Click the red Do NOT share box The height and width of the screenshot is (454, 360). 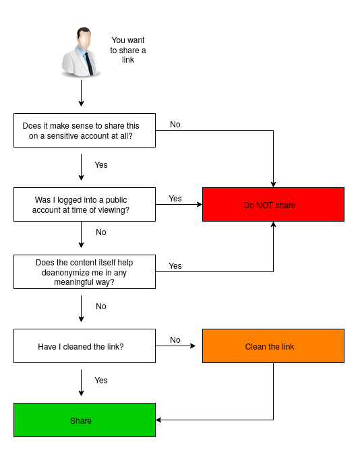pyautogui.click(x=273, y=204)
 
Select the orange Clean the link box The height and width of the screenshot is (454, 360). pyautogui.click(x=273, y=346)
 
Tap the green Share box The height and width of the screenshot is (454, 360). pyautogui.click(x=84, y=420)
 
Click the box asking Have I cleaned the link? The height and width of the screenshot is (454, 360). pyautogui.click(x=84, y=346)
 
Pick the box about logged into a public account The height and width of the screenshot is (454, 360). pyautogui.click(x=84, y=204)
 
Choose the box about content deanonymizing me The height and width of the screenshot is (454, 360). pyautogui.click(x=84, y=271)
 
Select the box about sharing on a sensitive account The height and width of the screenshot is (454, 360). pyautogui.click(x=84, y=130)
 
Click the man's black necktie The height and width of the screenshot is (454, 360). pyautogui.click(x=89, y=64)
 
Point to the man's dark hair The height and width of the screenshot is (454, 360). pyautogui.click(x=84, y=31)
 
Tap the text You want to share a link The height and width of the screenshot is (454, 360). pyautogui.click(x=128, y=50)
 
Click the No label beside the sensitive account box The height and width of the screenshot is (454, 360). pyautogui.click(x=175, y=125)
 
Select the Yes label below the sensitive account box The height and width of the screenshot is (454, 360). pyautogui.click(x=101, y=165)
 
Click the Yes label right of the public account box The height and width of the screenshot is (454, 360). pyautogui.click(x=175, y=199)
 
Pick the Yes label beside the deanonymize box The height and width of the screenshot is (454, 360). pyautogui.click(x=175, y=266)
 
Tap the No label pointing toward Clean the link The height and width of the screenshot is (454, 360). pyautogui.click(x=175, y=340)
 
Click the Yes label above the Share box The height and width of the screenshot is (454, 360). pyautogui.click(x=101, y=380)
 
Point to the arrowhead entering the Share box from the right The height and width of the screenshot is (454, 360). pyautogui.click(x=158, y=420)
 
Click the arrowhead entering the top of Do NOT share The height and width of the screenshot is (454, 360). pyautogui.click(x=273, y=185)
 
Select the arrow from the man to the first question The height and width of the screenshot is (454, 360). pyautogui.click(x=81, y=93)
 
